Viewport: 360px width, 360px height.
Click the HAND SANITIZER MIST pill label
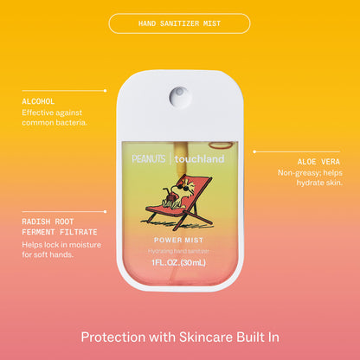pos(179,23)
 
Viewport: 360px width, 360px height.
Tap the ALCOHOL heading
pos(38,101)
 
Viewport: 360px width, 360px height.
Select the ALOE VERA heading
pos(318,162)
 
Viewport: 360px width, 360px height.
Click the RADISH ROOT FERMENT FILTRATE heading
pos(60,227)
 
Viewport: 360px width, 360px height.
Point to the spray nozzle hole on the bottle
pos(179,96)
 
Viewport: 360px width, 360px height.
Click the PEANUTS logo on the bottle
pos(149,158)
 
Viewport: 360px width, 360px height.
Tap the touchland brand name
pos(199,159)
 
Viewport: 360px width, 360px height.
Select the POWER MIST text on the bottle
pos(178,240)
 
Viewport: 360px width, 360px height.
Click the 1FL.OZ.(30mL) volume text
pos(179,262)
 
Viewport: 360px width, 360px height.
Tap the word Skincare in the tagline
pos(206,337)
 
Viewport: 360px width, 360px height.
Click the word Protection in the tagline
pos(113,337)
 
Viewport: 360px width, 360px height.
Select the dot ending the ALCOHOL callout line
pos(105,91)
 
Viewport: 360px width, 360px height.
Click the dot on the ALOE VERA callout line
pos(254,151)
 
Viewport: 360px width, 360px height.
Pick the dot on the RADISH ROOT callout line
pos(105,211)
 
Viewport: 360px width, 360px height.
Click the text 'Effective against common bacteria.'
pos(55,118)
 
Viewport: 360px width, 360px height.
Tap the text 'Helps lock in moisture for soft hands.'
pos(61,250)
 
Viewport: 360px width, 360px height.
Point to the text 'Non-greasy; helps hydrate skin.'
pos(310,177)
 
